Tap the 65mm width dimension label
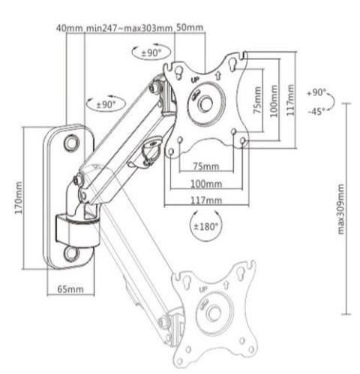coord(69,288)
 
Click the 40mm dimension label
coord(69,29)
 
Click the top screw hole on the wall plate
coord(71,141)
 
